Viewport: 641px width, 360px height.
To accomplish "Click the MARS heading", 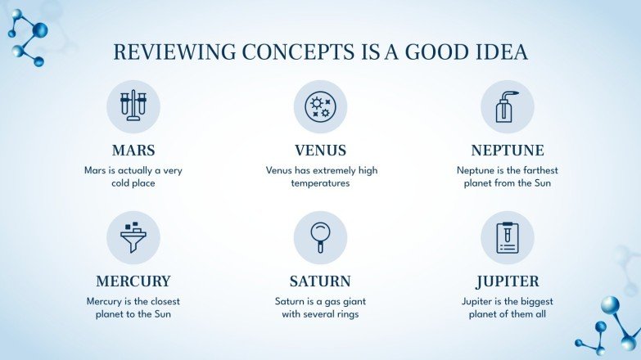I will [x=133, y=151].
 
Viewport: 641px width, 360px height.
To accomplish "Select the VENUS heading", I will [x=320, y=151].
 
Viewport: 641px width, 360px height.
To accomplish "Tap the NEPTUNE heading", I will [x=508, y=151].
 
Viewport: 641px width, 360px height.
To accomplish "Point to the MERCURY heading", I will [x=133, y=281].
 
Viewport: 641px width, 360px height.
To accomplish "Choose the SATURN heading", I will [x=320, y=281].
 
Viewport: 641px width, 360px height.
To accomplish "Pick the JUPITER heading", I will [x=508, y=281].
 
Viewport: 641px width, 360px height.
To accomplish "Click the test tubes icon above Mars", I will [x=133, y=106].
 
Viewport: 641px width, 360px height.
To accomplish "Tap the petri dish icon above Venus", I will [x=320, y=106].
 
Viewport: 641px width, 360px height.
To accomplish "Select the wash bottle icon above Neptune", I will [x=507, y=106].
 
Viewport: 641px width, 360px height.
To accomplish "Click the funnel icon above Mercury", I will [x=133, y=236].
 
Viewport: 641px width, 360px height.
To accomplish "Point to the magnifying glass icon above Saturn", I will [x=320, y=236].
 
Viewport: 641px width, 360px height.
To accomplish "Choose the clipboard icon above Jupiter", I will [x=508, y=236].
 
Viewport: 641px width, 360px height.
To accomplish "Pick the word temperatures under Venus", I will [x=320, y=183].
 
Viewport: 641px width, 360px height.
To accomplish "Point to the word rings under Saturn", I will [x=345, y=313].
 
